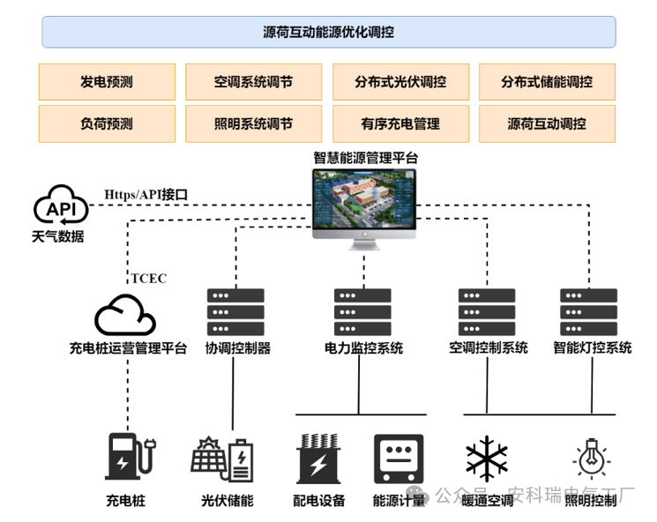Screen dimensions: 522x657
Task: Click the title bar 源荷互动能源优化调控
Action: click(x=328, y=33)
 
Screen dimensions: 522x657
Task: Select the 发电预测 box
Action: click(x=107, y=82)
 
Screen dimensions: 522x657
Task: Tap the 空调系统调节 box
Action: click(x=253, y=82)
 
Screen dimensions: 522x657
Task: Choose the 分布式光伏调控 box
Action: click(x=400, y=82)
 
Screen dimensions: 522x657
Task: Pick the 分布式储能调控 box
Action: click(x=547, y=82)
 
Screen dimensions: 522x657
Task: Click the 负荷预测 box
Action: click(x=107, y=123)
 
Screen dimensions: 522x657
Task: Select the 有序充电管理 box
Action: click(x=400, y=123)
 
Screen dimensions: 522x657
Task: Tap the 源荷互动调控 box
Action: click(x=547, y=123)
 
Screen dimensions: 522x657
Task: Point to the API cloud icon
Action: click(x=60, y=207)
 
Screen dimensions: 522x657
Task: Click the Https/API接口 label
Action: click(x=146, y=194)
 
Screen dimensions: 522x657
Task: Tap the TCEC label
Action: click(x=148, y=279)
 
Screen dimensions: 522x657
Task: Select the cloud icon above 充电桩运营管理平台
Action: click(x=125, y=315)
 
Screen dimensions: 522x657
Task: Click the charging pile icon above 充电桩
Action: click(x=129, y=459)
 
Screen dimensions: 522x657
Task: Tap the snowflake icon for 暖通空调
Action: click(x=487, y=459)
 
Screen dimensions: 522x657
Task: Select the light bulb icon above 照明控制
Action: click(x=590, y=459)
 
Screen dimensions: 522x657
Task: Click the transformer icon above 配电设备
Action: click(x=319, y=459)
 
